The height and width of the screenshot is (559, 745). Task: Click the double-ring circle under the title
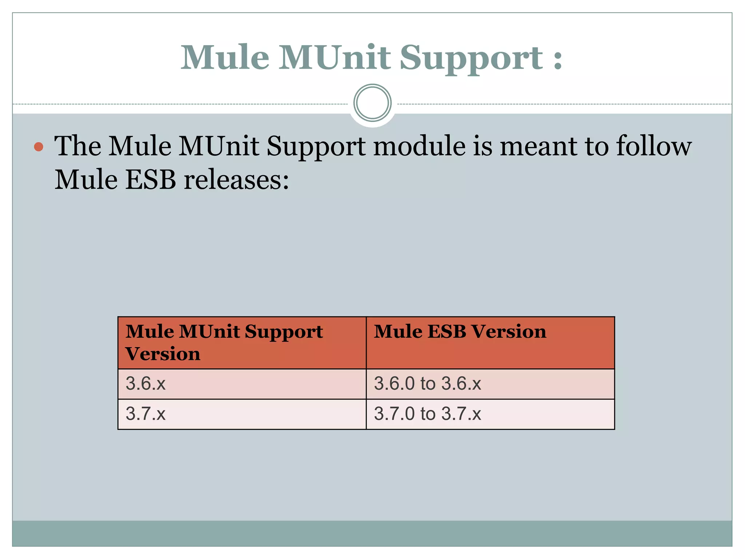coord(372,103)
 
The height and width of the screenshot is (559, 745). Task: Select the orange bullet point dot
coord(39,147)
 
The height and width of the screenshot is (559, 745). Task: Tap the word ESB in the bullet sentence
coord(151,180)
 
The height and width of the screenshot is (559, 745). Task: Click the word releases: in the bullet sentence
coord(236,180)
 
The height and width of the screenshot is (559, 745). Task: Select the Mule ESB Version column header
coord(460,332)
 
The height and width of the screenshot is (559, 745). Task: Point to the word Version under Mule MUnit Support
coord(163,354)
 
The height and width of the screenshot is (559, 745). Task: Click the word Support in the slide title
coord(471,58)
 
